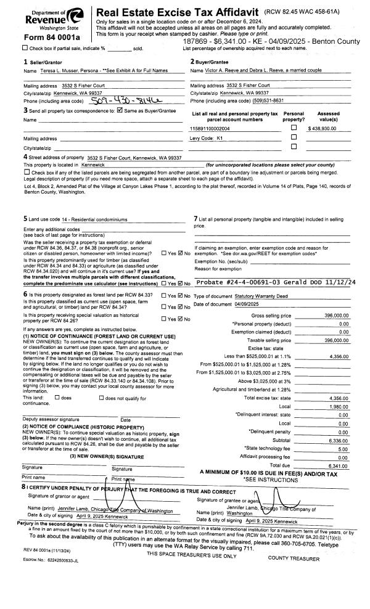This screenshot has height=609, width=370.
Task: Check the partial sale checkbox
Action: [x=25, y=48]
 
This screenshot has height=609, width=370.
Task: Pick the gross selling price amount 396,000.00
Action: [x=337, y=315]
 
